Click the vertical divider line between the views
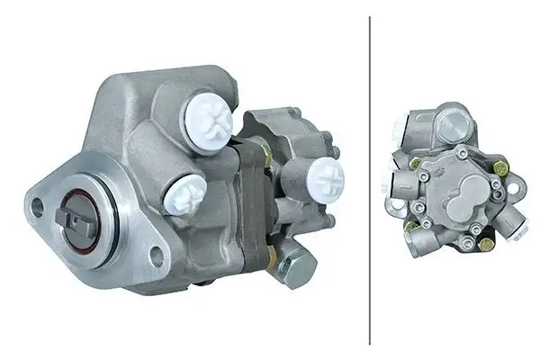(370, 180)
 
